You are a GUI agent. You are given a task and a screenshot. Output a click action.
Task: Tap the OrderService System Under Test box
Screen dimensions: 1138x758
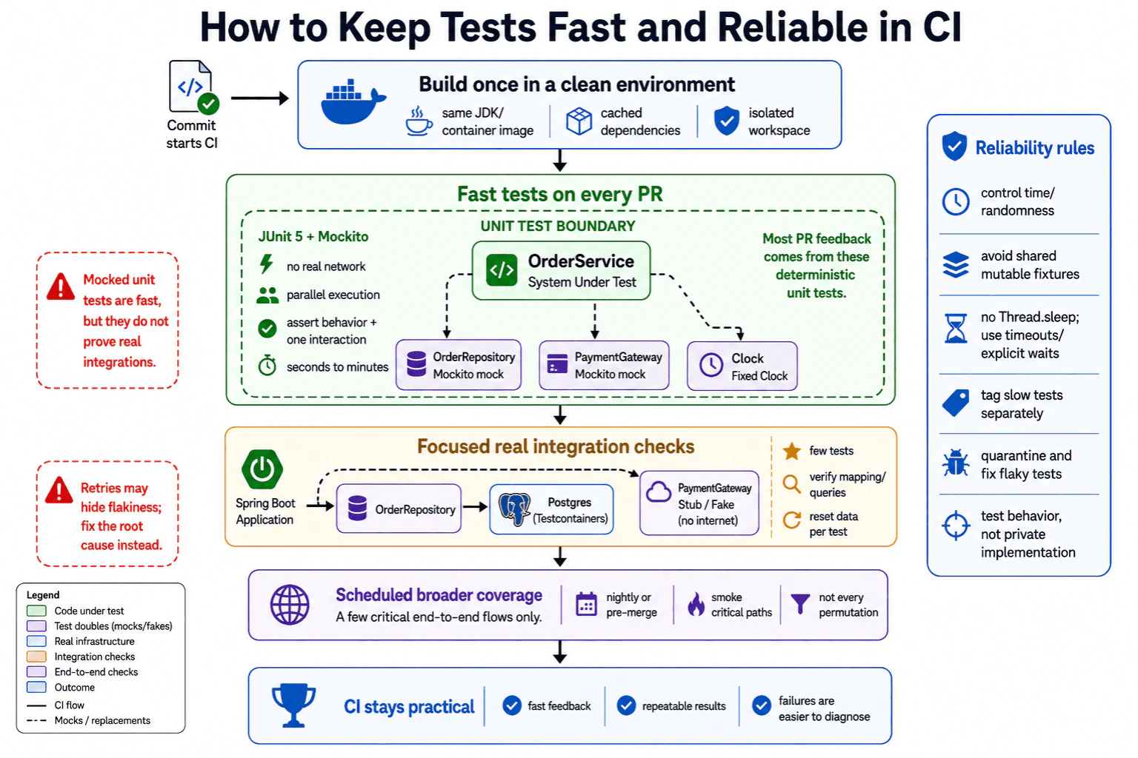click(x=561, y=271)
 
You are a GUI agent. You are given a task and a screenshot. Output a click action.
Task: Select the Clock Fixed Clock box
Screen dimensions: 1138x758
click(x=742, y=366)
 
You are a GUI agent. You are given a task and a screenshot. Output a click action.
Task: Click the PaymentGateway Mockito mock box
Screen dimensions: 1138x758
click(x=604, y=365)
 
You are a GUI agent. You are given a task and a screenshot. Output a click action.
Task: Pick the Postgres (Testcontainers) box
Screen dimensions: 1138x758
click(x=552, y=509)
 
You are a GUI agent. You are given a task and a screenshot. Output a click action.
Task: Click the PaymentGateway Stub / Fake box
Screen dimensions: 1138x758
click(x=699, y=503)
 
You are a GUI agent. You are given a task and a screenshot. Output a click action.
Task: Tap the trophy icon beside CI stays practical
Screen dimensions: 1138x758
click(x=293, y=705)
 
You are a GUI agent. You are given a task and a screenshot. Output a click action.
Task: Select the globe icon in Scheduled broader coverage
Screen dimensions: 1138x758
click(x=290, y=604)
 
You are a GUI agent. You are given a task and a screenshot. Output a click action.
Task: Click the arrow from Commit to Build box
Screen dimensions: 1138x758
click(x=260, y=98)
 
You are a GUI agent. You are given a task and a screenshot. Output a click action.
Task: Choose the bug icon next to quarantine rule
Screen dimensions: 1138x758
click(x=956, y=463)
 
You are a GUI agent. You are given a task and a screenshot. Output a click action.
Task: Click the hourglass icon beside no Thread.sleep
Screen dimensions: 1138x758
click(x=956, y=329)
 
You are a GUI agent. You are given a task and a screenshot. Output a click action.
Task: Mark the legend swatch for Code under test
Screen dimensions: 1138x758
click(x=36, y=610)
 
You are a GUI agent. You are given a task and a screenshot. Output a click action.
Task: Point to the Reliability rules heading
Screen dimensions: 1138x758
click(x=1034, y=148)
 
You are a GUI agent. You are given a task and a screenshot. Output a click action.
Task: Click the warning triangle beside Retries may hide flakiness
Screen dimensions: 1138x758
click(x=59, y=491)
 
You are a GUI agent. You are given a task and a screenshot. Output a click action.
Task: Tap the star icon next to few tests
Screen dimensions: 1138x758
click(x=791, y=451)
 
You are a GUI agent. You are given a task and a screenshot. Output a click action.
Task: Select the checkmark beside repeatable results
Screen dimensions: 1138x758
click(x=626, y=705)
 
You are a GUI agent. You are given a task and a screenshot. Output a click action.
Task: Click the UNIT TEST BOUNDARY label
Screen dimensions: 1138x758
click(x=558, y=226)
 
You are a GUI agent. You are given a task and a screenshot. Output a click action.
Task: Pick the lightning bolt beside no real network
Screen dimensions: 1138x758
click(x=266, y=264)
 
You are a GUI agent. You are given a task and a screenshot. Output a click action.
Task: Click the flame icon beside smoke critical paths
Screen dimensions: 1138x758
click(x=696, y=604)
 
